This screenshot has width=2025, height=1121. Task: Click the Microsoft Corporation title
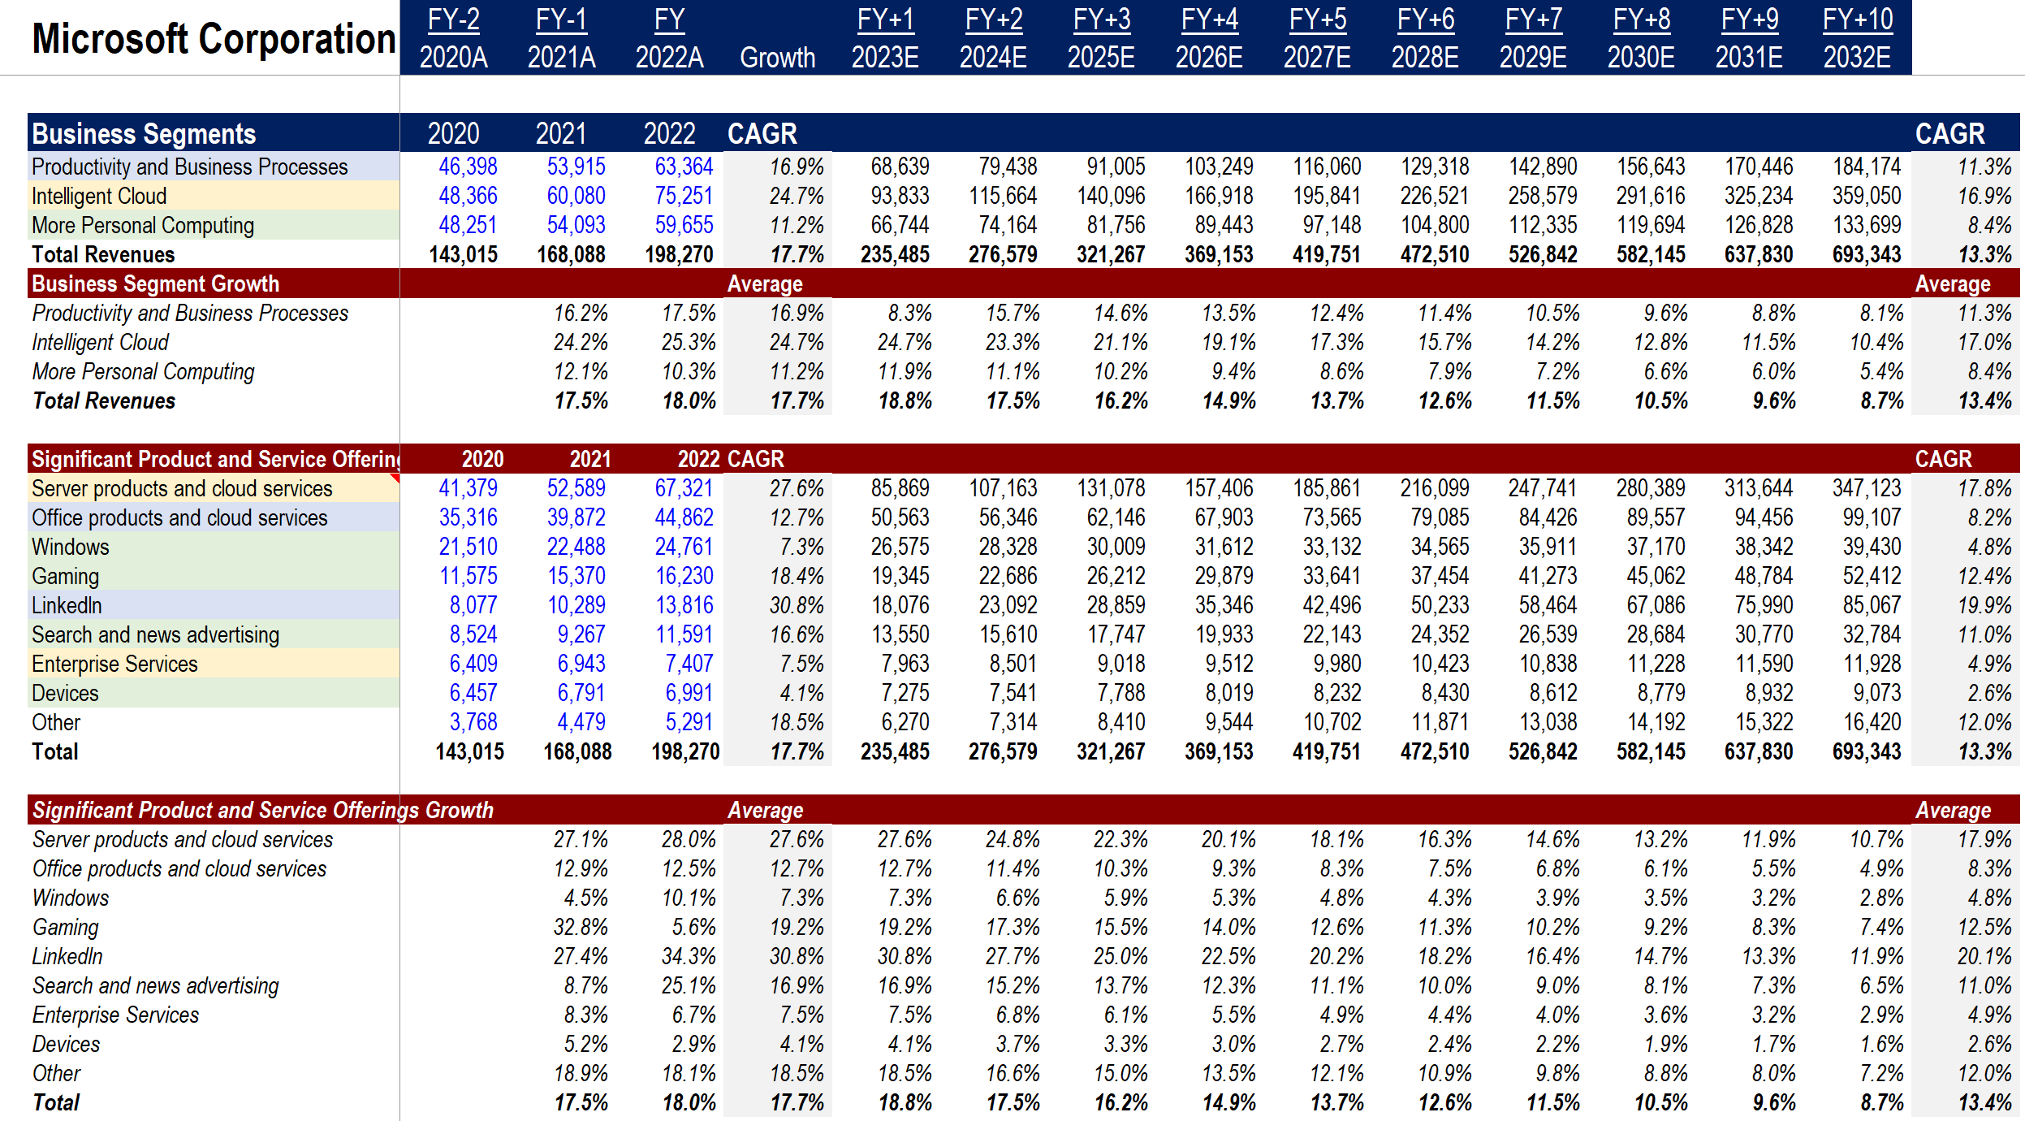[x=214, y=39]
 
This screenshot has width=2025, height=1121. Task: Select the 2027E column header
[x=1317, y=58]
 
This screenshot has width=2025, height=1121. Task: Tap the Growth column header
[x=777, y=58]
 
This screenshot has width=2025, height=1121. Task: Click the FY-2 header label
[x=453, y=19]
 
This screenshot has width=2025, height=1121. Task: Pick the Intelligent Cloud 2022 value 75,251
[x=684, y=196]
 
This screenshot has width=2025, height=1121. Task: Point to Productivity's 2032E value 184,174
[x=1867, y=167]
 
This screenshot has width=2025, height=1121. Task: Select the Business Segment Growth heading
[x=155, y=283]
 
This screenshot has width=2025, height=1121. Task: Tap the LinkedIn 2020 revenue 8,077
[x=473, y=605]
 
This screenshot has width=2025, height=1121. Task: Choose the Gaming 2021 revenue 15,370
[x=576, y=576]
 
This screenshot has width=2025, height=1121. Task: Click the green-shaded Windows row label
[x=71, y=547]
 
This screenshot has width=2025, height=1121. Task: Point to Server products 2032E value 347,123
[x=1867, y=488]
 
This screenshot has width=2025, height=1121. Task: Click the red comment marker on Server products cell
[x=395, y=478]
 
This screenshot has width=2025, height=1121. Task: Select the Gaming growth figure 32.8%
[x=581, y=927]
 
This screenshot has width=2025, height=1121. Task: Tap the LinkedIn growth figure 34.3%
[x=689, y=956]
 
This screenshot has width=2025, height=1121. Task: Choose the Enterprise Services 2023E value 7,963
[x=905, y=664]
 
